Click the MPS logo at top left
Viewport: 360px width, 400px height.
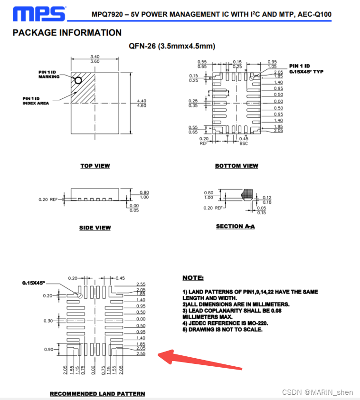39,14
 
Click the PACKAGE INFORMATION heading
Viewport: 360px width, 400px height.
67,33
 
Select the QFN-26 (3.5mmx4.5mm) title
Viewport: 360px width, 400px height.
172,46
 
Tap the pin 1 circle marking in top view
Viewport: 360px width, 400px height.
78,80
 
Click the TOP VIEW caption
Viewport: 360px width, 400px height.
95,166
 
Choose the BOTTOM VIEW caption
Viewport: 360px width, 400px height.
237,166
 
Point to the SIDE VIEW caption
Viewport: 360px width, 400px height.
95,228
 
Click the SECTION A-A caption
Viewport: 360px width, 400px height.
235,226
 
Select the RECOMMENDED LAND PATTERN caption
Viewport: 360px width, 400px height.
97,393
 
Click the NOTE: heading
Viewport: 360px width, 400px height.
193,277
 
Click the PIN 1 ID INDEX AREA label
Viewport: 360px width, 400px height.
36,101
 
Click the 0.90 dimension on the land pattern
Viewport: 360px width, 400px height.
48,349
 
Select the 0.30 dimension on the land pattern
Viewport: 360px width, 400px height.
48,321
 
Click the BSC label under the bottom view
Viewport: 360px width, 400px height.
243,143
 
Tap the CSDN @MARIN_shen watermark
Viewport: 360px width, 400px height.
317,392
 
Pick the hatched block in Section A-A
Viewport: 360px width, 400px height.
248,194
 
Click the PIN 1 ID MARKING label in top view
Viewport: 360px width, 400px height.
49,75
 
